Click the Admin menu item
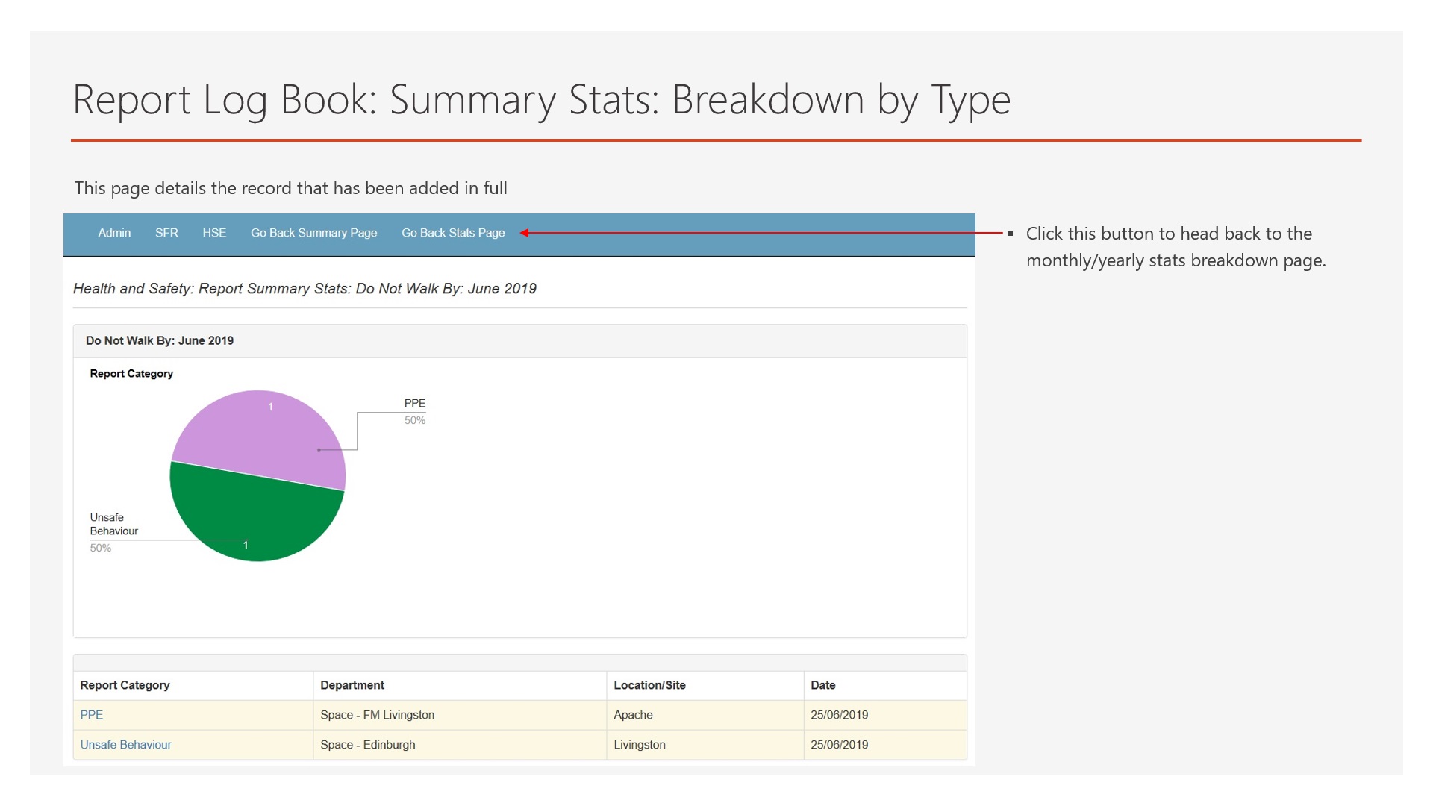coord(114,233)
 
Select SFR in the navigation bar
coord(166,233)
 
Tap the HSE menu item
coord(214,233)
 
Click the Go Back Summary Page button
coord(313,233)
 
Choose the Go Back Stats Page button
coord(453,233)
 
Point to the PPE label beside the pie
coord(415,404)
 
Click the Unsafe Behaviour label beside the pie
coord(113,524)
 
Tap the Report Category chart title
coord(131,374)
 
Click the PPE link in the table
coord(91,715)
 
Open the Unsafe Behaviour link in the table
coord(125,745)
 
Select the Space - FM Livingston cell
coord(377,715)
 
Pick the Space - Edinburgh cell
coord(367,745)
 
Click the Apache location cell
coord(633,715)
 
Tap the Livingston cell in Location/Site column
coord(639,745)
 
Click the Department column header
coord(352,685)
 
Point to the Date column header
coord(822,685)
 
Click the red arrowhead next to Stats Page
coord(525,233)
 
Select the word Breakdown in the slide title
coord(768,99)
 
